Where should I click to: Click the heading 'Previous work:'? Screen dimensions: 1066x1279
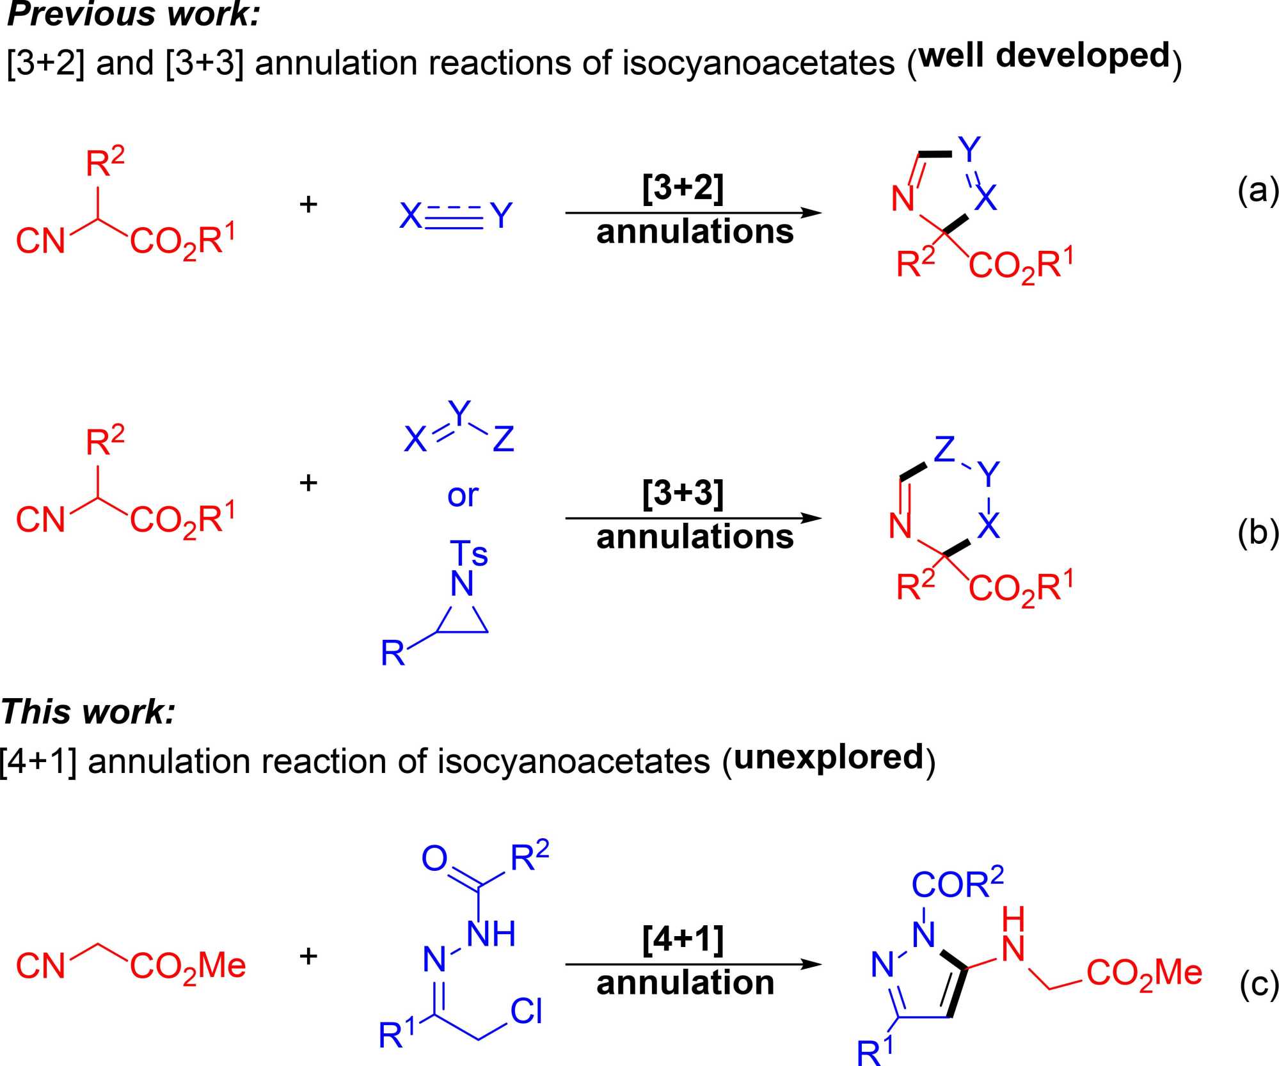(x=133, y=14)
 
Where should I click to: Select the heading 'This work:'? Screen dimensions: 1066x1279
(x=88, y=711)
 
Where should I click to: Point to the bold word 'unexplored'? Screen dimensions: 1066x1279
(x=829, y=757)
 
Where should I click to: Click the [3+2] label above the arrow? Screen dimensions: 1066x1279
(x=683, y=188)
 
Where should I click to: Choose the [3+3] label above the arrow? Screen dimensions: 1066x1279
(x=683, y=493)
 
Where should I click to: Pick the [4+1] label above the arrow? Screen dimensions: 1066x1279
(x=683, y=939)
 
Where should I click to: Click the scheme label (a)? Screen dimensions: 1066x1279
(x=1257, y=190)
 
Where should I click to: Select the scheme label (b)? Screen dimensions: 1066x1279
(x=1257, y=532)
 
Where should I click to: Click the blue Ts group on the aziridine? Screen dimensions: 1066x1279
(x=468, y=553)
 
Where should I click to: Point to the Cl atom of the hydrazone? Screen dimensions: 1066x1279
(x=526, y=1012)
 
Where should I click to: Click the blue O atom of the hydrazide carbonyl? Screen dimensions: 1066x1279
(x=434, y=858)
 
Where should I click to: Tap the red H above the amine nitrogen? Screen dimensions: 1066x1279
(x=1013, y=919)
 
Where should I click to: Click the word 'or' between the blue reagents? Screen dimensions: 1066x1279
(x=463, y=495)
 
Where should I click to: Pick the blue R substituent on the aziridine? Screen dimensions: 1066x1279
(x=392, y=653)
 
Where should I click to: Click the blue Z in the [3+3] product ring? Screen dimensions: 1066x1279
(x=944, y=449)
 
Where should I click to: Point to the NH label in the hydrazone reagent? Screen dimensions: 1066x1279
(x=491, y=934)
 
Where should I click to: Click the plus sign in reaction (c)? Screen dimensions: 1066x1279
(x=308, y=955)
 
